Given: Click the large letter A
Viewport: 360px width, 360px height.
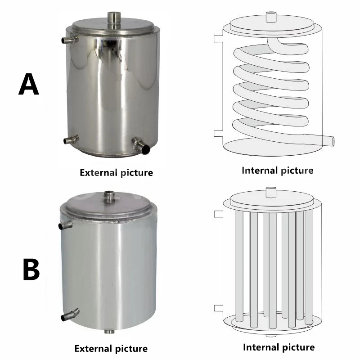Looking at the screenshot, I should pyautogui.click(x=29, y=85).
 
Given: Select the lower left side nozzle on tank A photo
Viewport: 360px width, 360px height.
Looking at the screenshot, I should pyautogui.click(x=71, y=140).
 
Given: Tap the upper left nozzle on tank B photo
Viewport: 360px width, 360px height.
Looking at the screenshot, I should pyautogui.click(x=66, y=224).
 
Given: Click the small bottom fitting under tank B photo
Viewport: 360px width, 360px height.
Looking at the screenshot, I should pyautogui.click(x=109, y=332).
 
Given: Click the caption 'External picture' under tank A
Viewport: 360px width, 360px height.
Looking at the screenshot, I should pyautogui.click(x=116, y=172).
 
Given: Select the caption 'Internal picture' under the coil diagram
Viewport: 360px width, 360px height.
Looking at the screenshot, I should pyautogui.click(x=278, y=170).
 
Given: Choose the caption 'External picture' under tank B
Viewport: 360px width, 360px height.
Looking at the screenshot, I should pyautogui.click(x=111, y=348).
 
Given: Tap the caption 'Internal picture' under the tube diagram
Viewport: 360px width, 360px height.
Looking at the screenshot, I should pyautogui.click(x=279, y=347).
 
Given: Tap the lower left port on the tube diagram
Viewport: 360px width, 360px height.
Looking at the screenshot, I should pyautogui.click(x=218, y=307).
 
